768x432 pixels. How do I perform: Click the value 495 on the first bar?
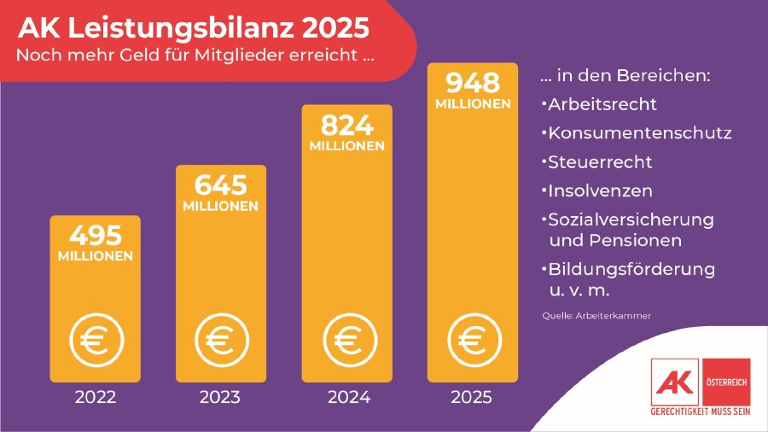pyautogui.click(x=95, y=235)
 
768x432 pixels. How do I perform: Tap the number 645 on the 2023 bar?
pyautogui.click(x=220, y=185)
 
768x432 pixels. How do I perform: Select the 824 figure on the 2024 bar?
pyautogui.click(x=346, y=125)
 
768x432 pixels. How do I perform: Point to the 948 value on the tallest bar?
pyautogui.click(x=472, y=83)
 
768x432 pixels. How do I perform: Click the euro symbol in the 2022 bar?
pyautogui.click(x=95, y=340)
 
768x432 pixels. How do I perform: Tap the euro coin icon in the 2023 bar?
pyautogui.click(x=220, y=340)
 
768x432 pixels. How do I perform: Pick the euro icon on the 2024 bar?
pyautogui.click(x=346, y=340)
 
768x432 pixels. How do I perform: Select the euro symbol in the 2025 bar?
pyautogui.click(x=472, y=340)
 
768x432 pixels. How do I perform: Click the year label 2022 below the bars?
pyautogui.click(x=95, y=397)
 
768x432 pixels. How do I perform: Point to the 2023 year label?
pyautogui.click(x=220, y=397)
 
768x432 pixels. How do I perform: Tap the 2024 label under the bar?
pyautogui.click(x=346, y=397)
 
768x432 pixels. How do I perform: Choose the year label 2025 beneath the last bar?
pyautogui.click(x=472, y=397)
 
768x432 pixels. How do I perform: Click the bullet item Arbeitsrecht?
pyautogui.click(x=602, y=105)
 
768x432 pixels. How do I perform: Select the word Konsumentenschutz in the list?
pyautogui.click(x=640, y=134)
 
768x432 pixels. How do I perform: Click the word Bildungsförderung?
pyautogui.click(x=631, y=270)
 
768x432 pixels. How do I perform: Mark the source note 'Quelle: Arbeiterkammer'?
pyautogui.click(x=596, y=316)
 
